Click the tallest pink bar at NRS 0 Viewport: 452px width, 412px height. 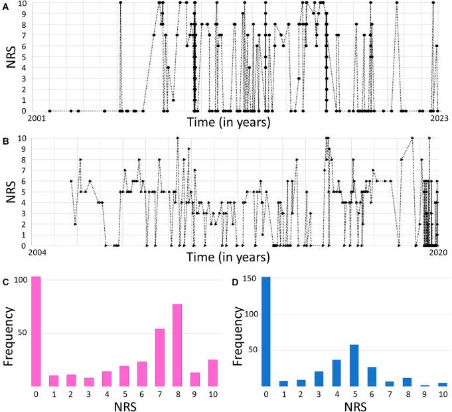[37, 331]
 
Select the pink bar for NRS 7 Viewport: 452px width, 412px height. [160, 357]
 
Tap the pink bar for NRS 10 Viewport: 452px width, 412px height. [212, 372]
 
